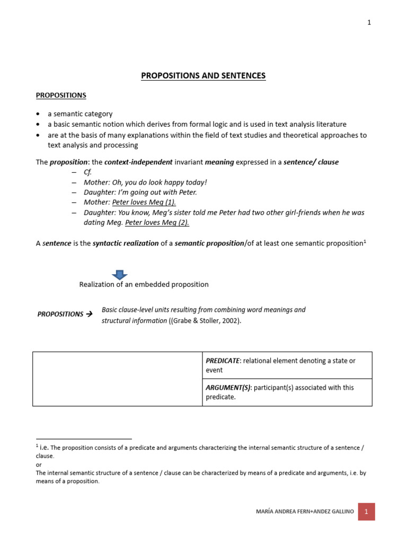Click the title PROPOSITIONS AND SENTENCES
click(203, 76)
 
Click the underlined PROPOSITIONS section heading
click(61, 95)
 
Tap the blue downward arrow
click(119, 274)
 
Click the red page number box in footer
click(366, 512)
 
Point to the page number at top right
click(369, 23)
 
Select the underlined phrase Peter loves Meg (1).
click(144, 202)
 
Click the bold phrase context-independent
click(139, 162)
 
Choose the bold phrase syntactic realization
click(125, 242)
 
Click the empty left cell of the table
click(118, 379)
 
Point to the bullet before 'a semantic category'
click(38, 114)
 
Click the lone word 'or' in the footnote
click(39, 465)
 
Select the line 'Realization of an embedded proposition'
click(144, 284)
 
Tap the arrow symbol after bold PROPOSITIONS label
click(89, 314)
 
